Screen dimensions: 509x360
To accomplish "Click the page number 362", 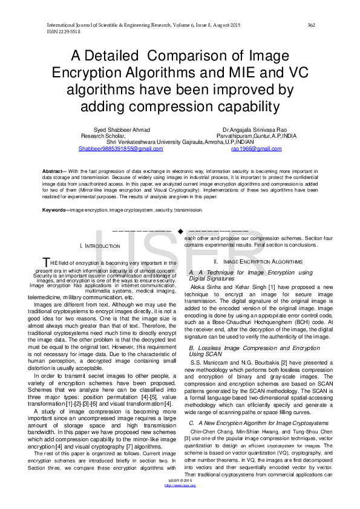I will [x=312, y=25].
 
